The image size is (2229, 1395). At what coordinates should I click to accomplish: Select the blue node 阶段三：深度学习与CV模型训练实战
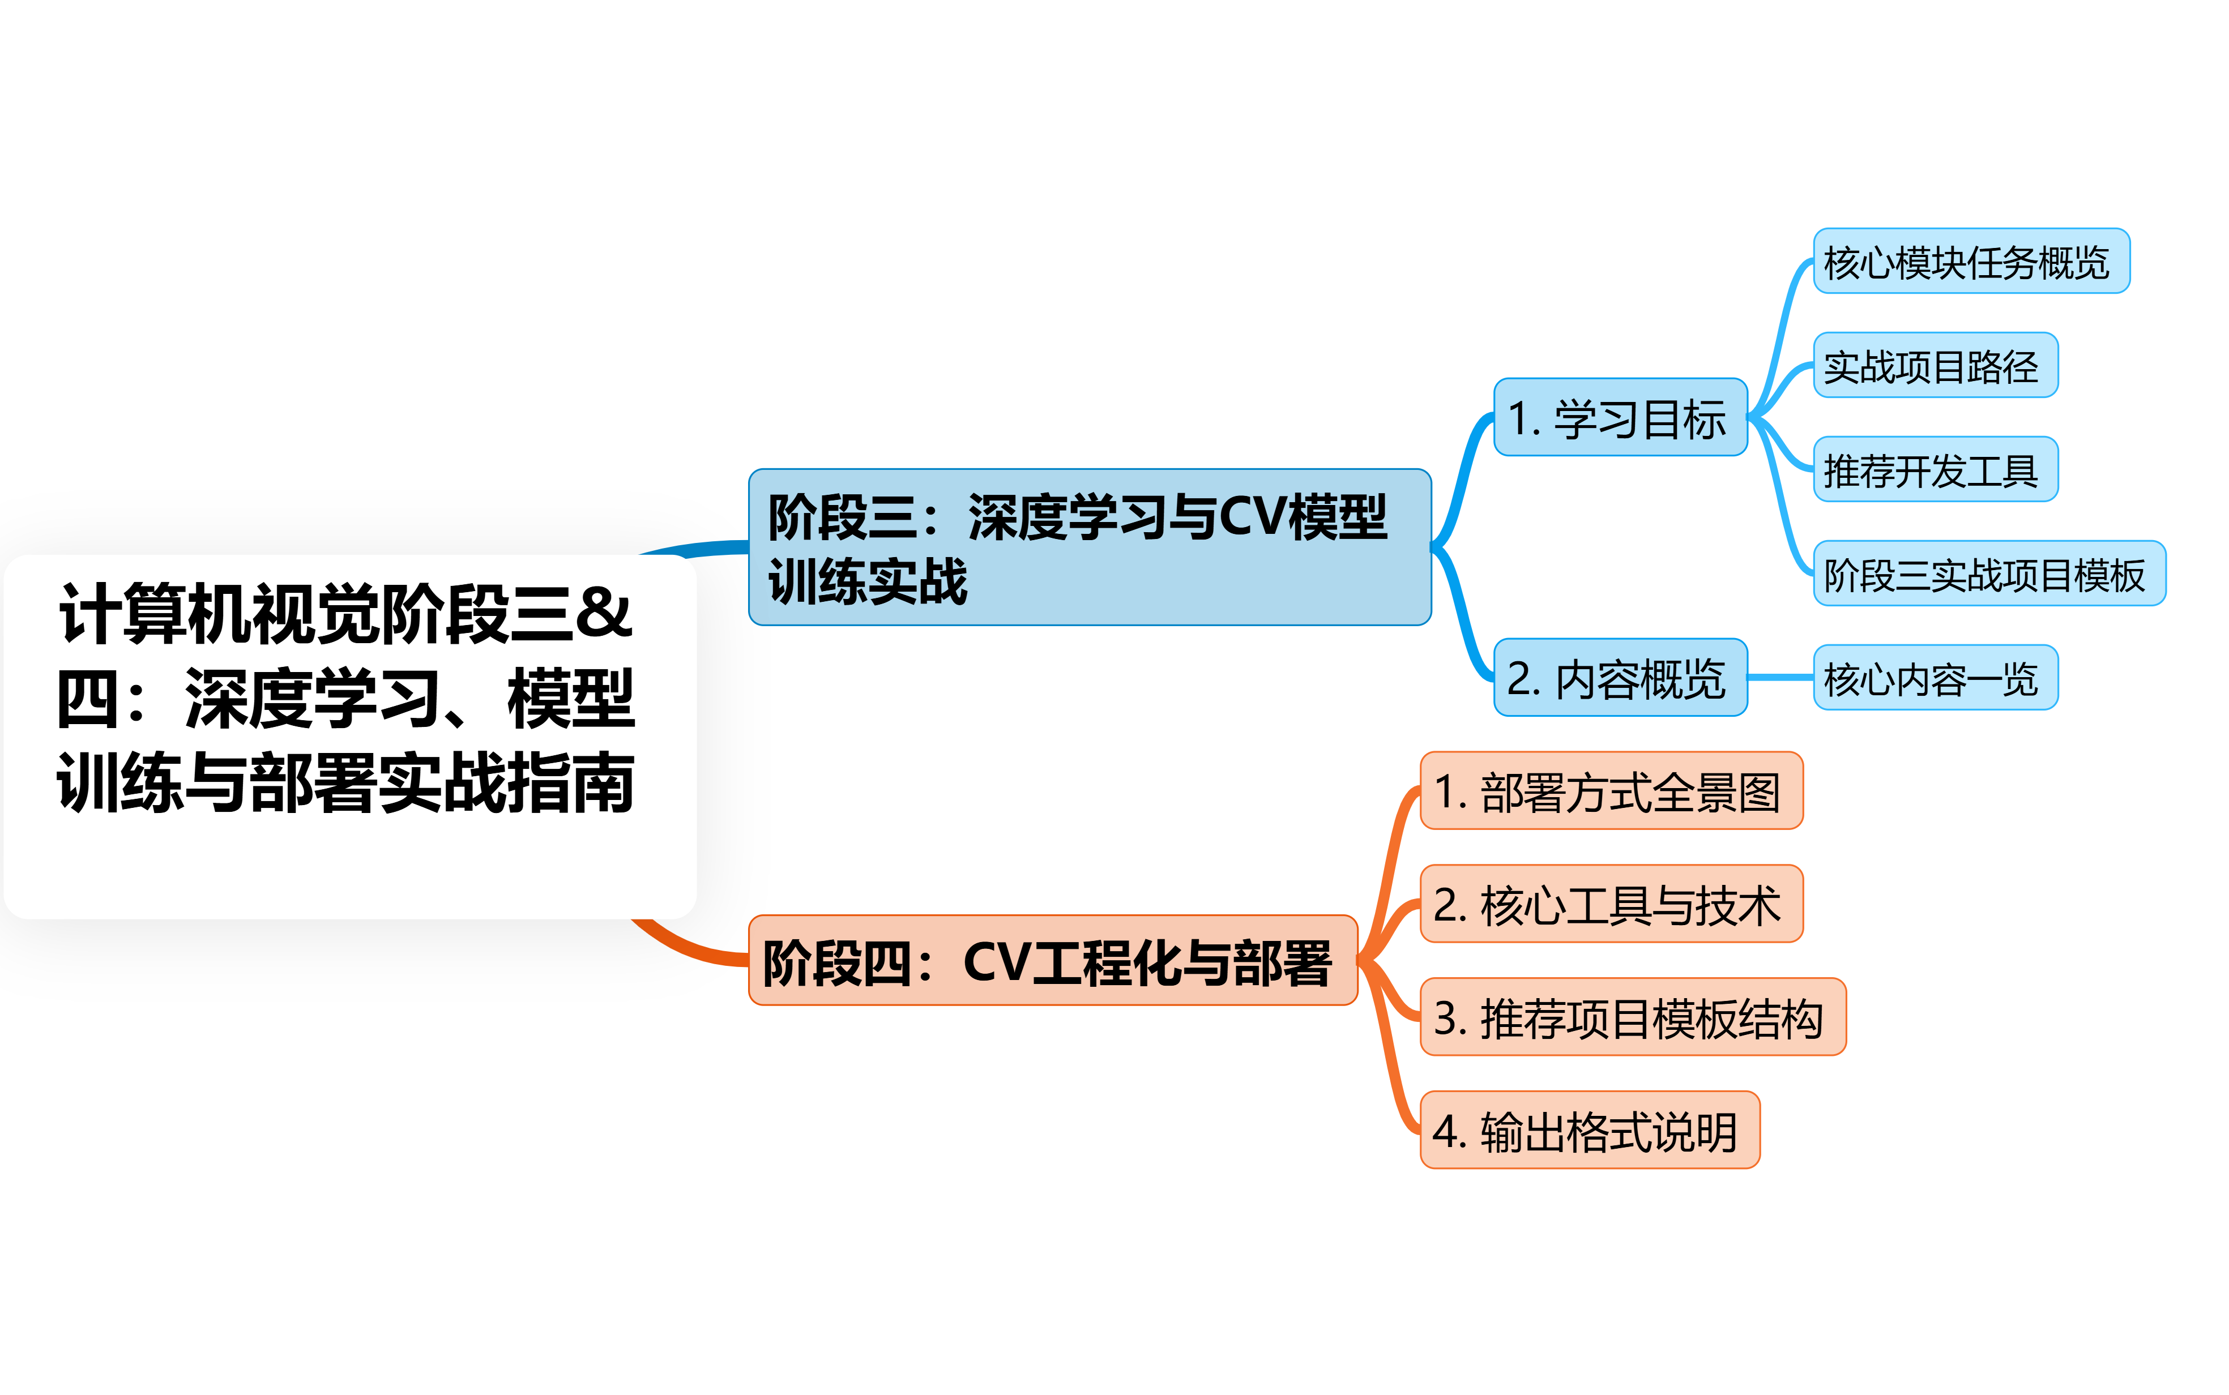coord(1088,547)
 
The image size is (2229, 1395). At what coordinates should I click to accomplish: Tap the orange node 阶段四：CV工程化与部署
coord(1052,960)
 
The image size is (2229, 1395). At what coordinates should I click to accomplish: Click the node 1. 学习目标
coord(1620,417)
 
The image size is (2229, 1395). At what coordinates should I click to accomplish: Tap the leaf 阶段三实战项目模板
coord(1988,574)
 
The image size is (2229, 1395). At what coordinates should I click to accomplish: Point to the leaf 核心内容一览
coord(1935,678)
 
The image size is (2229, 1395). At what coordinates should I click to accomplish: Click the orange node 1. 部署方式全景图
coord(1611,791)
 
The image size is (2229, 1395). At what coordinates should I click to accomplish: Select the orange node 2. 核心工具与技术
coord(1611,904)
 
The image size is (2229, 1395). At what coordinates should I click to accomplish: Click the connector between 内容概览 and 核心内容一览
coord(1780,678)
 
